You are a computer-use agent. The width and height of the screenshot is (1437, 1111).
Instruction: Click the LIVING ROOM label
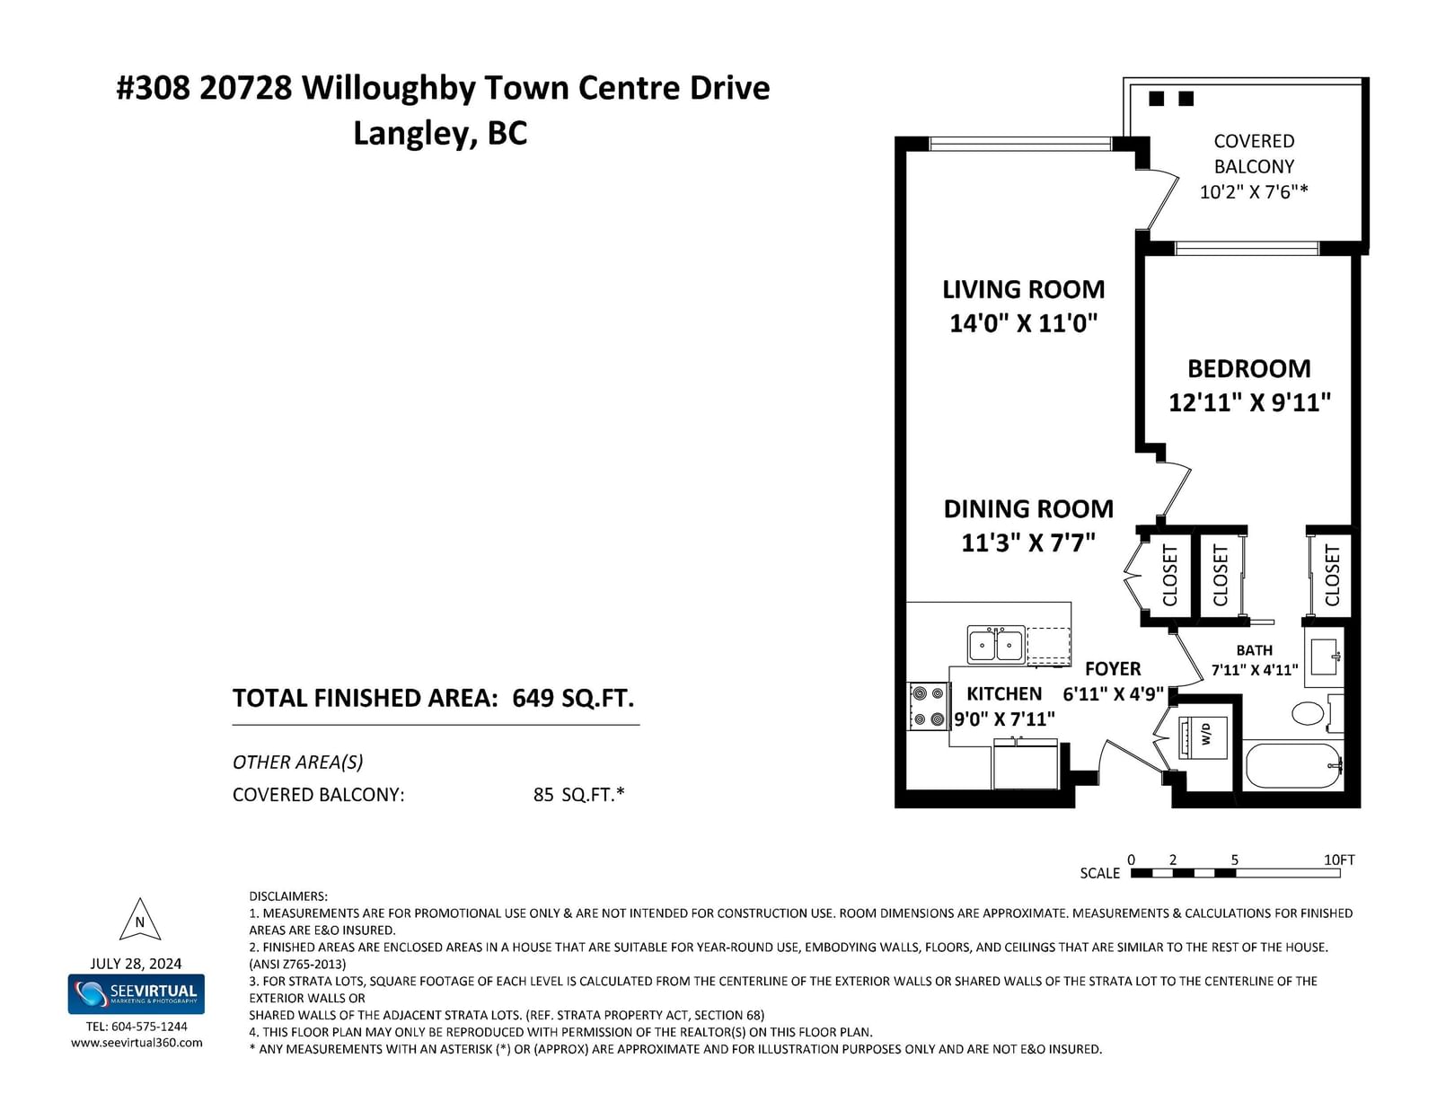click(x=1023, y=290)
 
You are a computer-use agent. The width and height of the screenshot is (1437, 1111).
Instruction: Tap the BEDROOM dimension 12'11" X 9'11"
click(x=1249, y=402)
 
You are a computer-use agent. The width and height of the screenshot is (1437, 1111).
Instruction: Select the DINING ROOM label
click(x=1028, y=509)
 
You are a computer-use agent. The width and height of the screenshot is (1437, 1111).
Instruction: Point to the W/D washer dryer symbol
click(x=1203, y=736)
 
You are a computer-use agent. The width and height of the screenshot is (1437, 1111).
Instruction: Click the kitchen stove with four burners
click(x=927, y=706)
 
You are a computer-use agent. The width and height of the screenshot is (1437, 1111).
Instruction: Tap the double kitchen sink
click(x=996, y=645)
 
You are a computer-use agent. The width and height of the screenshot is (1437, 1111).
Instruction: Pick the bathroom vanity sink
click(x=1325, y=657)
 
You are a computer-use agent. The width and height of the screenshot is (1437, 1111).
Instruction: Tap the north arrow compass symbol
click(x=139, y=920)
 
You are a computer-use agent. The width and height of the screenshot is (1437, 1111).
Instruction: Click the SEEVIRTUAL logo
click(x=137, y=994)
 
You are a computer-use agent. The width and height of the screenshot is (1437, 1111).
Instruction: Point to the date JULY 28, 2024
click(x=137, y=964)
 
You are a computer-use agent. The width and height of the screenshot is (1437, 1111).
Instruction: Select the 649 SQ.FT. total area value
click(x=573, y=699)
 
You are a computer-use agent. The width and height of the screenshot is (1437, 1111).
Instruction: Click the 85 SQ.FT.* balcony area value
click(x=578, y=794)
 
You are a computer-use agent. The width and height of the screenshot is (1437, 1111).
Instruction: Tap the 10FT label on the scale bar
click(x=1339, y=860)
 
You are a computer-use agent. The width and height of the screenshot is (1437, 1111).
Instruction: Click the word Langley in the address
click(x=415, y=134)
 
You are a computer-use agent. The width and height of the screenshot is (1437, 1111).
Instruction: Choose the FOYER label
click(x=1113, y=668)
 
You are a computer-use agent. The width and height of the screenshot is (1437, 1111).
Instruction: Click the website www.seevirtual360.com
click(x=137, y=1043)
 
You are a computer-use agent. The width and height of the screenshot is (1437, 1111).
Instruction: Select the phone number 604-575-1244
click(x=149, y=1027)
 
